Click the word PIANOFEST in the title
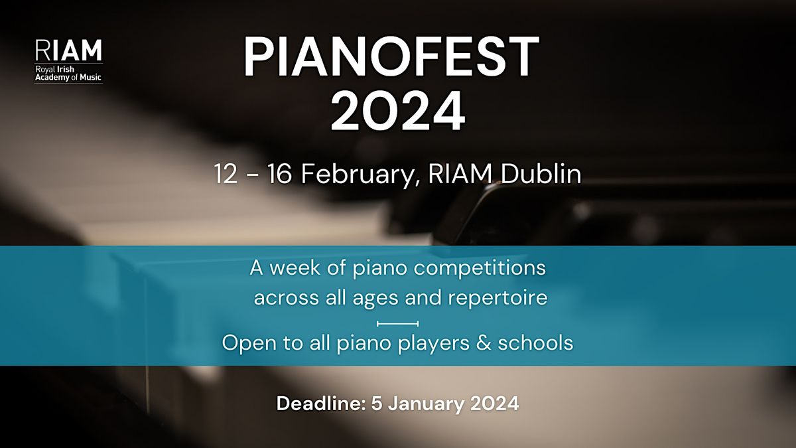point(391,57)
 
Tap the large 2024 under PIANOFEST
point(397,111)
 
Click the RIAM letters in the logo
point(68,50)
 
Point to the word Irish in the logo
point(66,69)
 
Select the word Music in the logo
point(90,77)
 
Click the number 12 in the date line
point(226,174)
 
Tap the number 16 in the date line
point(279,174)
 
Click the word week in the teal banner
point(295,267)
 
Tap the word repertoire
point(497,298)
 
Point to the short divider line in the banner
point(397,324)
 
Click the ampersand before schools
point(484,342)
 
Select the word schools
point(535,342)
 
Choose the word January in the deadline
point(423,404)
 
